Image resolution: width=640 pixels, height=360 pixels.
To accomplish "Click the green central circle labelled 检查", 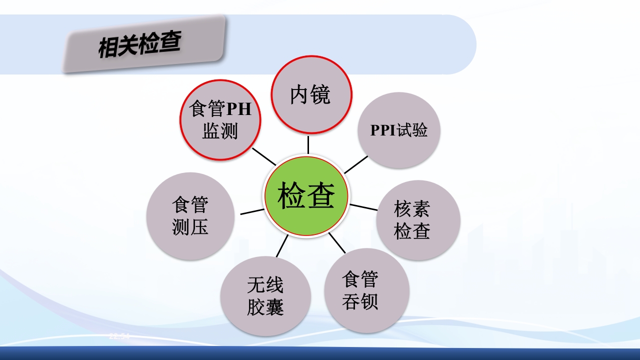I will pyautogui.click(x=306, y=195).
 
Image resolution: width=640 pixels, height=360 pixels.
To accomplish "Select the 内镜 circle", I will pyautogui.click(x=311, y=94).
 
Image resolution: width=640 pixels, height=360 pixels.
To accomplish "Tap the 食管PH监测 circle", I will pyautogui.click(x=220, y=120).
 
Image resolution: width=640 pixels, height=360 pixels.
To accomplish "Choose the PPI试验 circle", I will pyautogui.click(x=399, y=130).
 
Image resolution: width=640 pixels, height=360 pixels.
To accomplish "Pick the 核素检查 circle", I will pyautogui.click(x=418, y=220).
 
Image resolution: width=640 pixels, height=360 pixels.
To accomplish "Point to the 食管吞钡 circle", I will pyautogui.click(x=366, y=290).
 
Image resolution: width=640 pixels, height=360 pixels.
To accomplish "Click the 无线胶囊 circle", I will pyautogui.click(x=265, y=296).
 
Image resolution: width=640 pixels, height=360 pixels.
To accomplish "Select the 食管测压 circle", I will pyautogui.click(x=190, y=216).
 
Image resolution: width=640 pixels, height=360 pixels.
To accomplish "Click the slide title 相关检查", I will pyautogui.click(x=139, y=45).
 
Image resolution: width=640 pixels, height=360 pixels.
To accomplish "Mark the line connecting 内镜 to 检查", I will pyautogui.click(x=308, y=144).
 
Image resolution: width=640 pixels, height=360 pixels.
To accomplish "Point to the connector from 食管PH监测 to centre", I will pyautogui.click(x=263, y=156).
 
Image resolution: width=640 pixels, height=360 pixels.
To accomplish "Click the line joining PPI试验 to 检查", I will pyautogui.click(x=356, y=164).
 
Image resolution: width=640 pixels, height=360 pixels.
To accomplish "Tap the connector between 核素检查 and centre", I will pyautogui.click(x=363, y=207).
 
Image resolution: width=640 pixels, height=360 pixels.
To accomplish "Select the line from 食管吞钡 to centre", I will pyautogui.click(x=337, y=242).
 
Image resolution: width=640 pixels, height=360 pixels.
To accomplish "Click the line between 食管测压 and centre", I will pyautogui.click(x=252, y=211).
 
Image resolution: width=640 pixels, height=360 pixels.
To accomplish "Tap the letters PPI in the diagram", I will pyautogui.click(x=383, y=130).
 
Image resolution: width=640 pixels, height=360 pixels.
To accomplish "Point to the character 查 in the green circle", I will pyautogui.click(x=320, y=195).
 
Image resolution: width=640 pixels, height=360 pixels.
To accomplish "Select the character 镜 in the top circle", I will pyautogui.click(x=320, y=95).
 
